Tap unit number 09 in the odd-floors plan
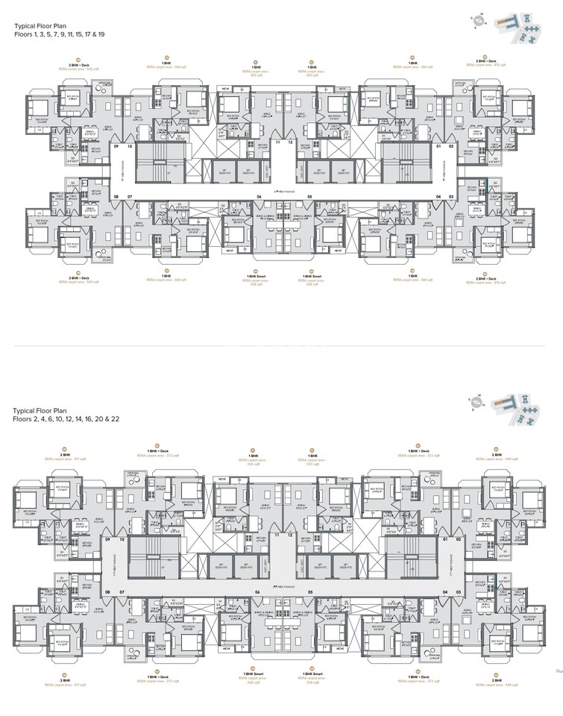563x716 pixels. (x=116, y=147)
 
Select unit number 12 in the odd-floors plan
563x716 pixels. (x=290, y=142)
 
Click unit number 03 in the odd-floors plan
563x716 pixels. (x=451, y=197)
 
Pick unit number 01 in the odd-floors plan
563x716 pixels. (x=439, y=147)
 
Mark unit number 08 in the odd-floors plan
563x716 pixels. (x=116, y=197)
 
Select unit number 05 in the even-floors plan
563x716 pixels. (x=308, y=591)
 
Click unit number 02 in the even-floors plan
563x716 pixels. (x=451, y=538)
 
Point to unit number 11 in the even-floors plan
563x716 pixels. (x=278, y=535)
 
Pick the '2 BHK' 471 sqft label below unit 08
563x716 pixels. (x=66, y=681)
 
